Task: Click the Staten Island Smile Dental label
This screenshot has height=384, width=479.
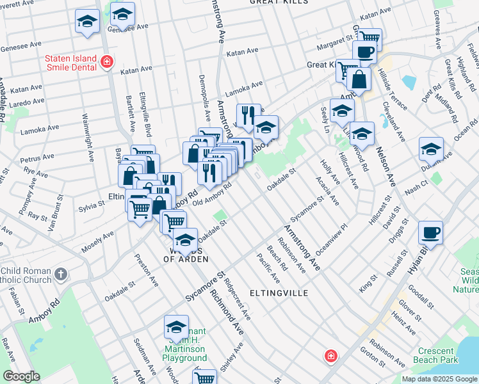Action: pos(70,61)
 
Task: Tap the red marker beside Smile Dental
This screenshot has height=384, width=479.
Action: pos(107,62)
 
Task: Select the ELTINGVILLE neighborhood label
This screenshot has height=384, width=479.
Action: pos(280,293)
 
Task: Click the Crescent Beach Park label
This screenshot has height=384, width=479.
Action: pos(438,355)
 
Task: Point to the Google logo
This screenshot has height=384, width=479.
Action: pos(20,376)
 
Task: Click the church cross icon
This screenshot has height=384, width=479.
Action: pos(61,275)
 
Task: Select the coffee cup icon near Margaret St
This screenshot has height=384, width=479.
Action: pos(364,53)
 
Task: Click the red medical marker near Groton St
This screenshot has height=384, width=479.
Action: pos(330,356)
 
